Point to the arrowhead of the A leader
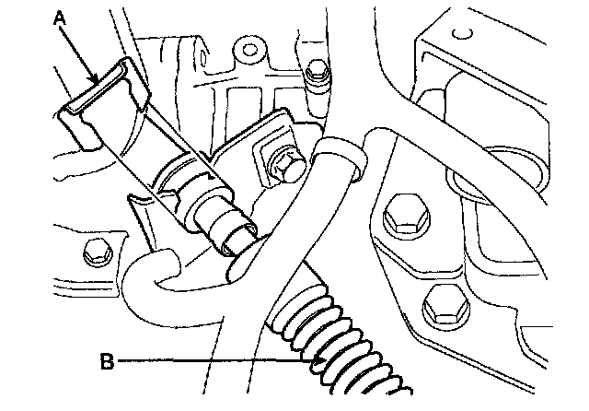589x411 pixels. point(94,84)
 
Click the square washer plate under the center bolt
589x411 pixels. point(276,157)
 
